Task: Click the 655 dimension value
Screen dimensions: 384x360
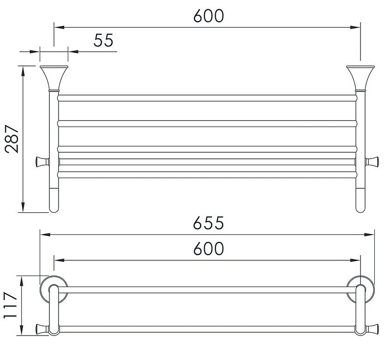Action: point(209,222)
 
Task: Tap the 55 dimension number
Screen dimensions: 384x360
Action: point(103,40)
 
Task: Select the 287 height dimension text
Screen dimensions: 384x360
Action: point(12,139)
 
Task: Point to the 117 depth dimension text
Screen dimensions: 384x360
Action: point(10,305)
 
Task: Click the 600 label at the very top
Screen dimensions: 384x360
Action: point(209,16)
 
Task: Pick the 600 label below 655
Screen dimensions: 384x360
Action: point(209,248)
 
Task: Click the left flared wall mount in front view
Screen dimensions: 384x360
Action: point(54,78)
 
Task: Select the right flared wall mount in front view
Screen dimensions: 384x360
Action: point(360,78)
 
